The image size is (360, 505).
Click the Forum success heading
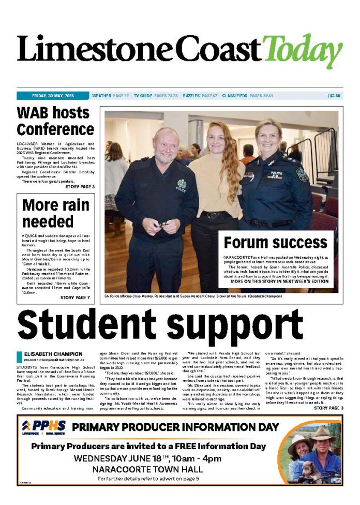275,243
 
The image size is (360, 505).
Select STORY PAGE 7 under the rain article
74,298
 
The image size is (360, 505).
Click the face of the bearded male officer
166,146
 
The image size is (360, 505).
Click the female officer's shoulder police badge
302,174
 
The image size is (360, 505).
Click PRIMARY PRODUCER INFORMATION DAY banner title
175,427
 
